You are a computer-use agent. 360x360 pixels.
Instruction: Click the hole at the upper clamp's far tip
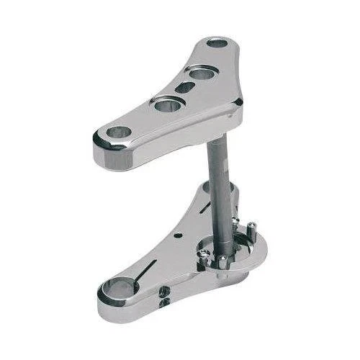(x=217, y=43)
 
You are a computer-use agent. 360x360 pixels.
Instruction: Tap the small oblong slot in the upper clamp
(x=185, y=88)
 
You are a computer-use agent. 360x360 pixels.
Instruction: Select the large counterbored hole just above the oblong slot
(x=202, y=72)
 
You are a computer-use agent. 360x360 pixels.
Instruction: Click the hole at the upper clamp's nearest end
(x=117, y=132)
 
